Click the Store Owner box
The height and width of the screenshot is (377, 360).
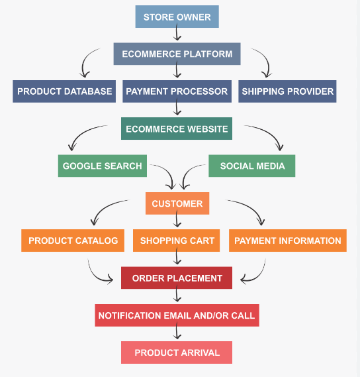(x=177, y=17)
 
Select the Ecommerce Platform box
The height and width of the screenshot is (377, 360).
(x=177, y=54)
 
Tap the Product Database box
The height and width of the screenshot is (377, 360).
(x=64, y=91)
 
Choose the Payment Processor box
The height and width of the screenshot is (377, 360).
(x=177, y=91)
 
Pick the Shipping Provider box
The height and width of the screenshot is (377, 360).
(x=287, y=91)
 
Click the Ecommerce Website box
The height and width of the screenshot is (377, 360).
(x=177, y=129)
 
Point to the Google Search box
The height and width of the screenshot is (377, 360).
(x=103, y=166)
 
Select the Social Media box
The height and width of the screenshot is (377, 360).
(x=252, y=166)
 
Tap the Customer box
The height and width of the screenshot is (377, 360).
(x=177, y=203)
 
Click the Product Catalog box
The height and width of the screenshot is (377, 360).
(x=73, y=241)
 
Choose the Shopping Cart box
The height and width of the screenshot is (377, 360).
(x=176, y=241)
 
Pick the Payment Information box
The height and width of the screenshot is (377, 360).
(x=288, y=241)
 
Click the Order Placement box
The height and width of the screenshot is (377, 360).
(x=177, y=278)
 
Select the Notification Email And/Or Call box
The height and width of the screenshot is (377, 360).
(x=177, y=315)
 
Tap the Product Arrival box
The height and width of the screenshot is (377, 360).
(x=177, y=352)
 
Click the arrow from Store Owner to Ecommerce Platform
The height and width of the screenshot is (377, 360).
(x=177, y=32)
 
